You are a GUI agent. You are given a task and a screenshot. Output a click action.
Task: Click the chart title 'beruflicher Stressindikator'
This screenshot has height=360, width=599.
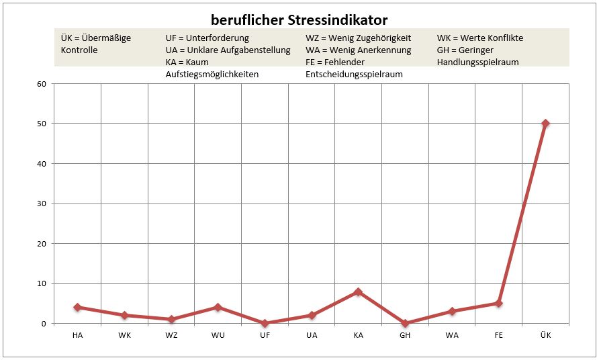(299, 19)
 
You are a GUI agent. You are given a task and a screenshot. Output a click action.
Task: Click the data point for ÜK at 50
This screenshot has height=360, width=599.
(545, 124)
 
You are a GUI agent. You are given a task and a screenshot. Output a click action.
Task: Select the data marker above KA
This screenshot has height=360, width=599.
(358, 291)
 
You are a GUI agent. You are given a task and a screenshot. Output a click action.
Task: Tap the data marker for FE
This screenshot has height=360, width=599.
(498, 304)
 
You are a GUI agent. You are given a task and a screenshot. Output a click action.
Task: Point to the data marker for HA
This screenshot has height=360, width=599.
(77, 307)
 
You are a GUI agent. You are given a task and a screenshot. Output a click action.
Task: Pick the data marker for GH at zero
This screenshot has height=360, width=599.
(405, 323)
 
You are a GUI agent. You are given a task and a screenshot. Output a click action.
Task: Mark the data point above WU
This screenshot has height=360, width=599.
(218, 307)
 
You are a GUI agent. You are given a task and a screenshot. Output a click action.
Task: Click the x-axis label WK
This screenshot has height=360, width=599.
(124, 336)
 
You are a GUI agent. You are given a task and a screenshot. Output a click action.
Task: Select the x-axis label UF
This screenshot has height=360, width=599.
(265, 336)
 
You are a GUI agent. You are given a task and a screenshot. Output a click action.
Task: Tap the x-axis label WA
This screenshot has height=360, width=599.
(452, 336)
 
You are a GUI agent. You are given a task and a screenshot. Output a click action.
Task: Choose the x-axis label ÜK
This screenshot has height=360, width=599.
(545, 336)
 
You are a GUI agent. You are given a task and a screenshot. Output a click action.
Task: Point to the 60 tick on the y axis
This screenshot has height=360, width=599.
(42, 84)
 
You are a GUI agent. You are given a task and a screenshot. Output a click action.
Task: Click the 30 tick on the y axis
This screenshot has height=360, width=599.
(42, 204)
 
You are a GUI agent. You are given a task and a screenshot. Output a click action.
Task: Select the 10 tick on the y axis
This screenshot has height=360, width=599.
(42, 283)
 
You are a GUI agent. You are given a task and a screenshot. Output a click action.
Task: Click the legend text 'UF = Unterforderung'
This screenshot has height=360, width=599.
(207, 38)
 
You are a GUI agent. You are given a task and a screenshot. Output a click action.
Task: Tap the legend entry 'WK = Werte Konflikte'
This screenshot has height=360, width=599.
(479, 38)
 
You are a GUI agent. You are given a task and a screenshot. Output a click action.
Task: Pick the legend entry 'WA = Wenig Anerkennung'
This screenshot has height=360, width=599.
(357, 50)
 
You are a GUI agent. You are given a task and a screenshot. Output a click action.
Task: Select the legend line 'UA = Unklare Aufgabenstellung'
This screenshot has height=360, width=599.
(228, 50)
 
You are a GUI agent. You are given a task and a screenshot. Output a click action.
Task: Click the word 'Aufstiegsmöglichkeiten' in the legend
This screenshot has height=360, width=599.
(212, 75)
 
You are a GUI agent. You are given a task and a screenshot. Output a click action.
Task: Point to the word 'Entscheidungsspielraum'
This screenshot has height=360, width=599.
(354, 75)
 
